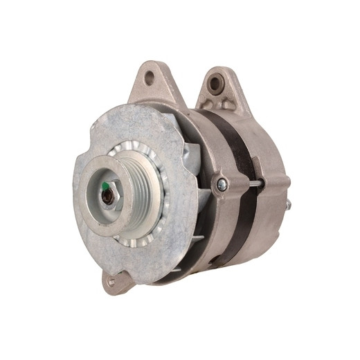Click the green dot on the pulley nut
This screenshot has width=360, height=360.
coord(105,186)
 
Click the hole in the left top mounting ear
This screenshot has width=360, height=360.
coord(149,78)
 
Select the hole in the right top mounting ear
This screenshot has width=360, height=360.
coord(215,84)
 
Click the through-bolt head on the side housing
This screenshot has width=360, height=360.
coord(222,184)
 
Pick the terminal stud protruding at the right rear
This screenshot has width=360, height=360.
coord(287,204)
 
